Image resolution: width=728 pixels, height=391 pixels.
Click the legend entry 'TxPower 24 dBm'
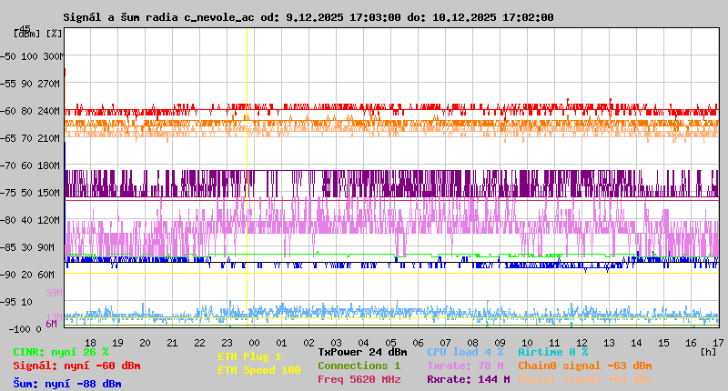pyautogui.click(x=362, y=351)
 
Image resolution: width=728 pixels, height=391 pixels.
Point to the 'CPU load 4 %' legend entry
pyautogui.click(x=465, y=351)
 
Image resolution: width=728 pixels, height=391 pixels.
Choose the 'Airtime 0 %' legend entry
pyautogui.click(x=552, y=351)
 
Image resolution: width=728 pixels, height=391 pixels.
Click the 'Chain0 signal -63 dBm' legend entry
pyautogui.click(x=584, y=366)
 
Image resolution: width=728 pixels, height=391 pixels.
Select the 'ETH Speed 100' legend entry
pyautogui.click(x=258, y=370)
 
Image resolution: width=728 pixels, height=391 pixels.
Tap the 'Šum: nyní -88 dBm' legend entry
pyautogui.click(x=67, y=384)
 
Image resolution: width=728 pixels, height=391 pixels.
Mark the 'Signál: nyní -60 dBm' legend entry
pyautogui.click(x=76, y=366)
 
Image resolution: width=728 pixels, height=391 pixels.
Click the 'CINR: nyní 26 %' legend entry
pyautogui.click(x=61, y=351)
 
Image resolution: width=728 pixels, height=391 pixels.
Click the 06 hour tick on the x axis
pyautogui.click(x=419, y=342)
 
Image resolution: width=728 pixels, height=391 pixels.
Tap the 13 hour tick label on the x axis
pyautogui.click(x=609, y=342)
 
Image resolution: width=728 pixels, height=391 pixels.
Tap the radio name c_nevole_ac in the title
pyautogui.click(x=211, y=17)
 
